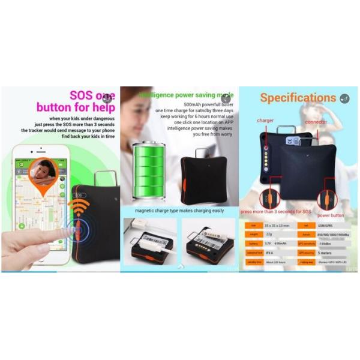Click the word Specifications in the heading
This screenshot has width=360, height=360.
[298, 98]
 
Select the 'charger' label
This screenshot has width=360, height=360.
[265, 120]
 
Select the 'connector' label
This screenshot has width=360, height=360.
[315, 122]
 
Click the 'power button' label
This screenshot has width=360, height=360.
[331, 215]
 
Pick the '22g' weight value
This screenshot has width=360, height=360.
[269, 235]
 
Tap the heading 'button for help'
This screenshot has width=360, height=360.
[74, 108]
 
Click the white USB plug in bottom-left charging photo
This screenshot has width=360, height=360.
[143, 238]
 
